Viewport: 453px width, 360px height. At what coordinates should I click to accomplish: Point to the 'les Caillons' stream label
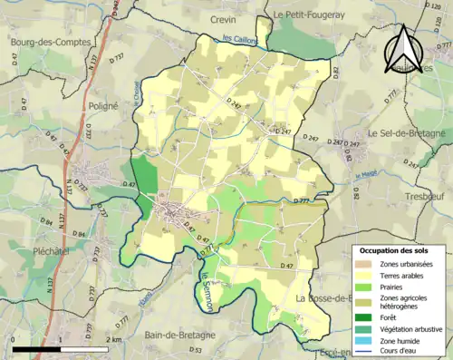(x=240, y=39)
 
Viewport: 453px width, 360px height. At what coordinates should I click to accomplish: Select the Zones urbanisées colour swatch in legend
(x=365, y=264)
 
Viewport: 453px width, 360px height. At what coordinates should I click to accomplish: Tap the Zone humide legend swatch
(x=365, y=341)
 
